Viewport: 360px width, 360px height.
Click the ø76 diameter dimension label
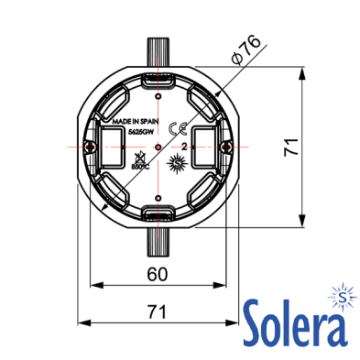[246, 49]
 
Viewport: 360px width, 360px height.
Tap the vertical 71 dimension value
[291, 147]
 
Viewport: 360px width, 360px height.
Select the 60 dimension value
[158, 274]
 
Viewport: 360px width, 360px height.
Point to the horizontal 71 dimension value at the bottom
[158, 311]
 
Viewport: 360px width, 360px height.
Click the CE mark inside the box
[178, 129]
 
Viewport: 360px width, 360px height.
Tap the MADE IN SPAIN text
[136, 122]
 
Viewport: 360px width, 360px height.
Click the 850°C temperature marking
[140, 167]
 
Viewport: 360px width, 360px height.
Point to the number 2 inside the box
[184, 147]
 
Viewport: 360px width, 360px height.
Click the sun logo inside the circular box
[177, 163]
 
